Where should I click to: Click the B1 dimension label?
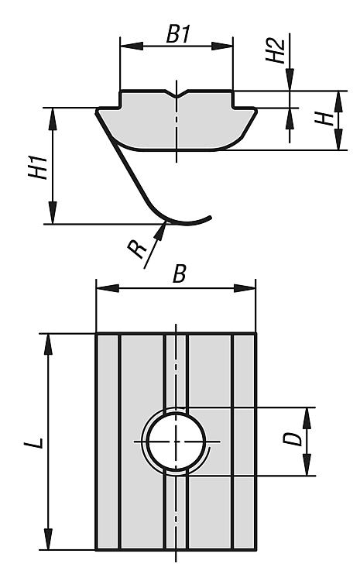pyautogui.click(x=178, y=34)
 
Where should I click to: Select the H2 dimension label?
pyautogui.click(x=276, y=50)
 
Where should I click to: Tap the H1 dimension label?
pyautogui.click(x=38, y=167)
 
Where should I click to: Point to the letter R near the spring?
pyautogui.click(x=137, y=249)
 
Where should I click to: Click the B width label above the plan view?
pyautogui.click(x=180, y=274)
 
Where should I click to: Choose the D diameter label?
pyautogui.click(x=292, y=439)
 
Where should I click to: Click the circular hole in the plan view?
pyautogui.click(x=177, y=442)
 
